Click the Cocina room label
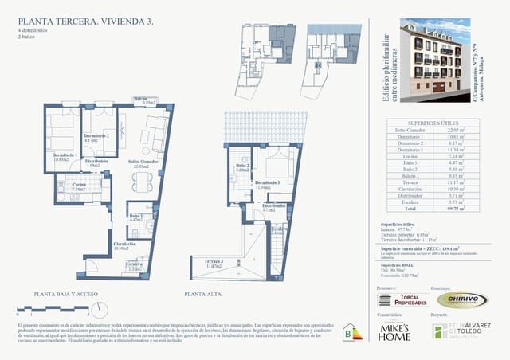point(79,186)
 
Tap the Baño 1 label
point(135,217)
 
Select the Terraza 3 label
point(212,263)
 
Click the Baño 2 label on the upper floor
point(243,167)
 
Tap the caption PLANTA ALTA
point(202,295)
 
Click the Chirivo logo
point(461,299)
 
